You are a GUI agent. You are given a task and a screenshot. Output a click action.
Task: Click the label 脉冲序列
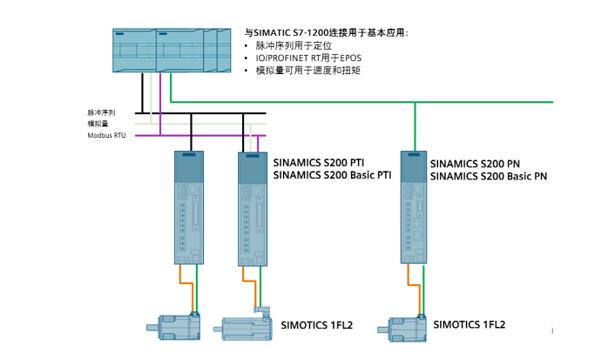pos(101,112)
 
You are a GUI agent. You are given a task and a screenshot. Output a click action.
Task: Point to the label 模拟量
pos(98,124)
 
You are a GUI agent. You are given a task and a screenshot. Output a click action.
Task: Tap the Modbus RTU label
pos(106,135)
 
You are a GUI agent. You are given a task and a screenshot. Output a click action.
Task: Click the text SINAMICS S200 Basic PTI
pos(332,174)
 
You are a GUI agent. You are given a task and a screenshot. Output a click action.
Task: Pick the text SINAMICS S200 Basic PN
pos(489,175)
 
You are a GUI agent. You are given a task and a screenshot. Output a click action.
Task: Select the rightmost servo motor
pos(402,329)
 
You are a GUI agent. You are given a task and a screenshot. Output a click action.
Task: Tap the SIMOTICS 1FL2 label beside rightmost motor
pos(469,324)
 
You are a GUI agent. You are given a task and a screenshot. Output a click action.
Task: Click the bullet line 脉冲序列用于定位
pos(294,45)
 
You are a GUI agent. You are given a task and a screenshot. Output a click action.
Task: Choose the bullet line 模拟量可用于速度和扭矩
pos(307,70)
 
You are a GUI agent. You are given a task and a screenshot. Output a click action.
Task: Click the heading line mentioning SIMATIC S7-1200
pos(327,32)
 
